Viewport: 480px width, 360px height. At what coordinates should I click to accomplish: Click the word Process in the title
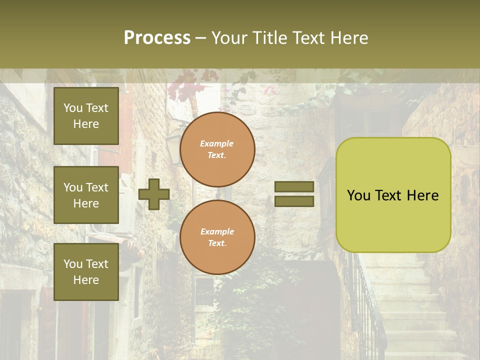(157, 38)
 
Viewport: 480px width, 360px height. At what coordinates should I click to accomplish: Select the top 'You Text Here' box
(86, 116)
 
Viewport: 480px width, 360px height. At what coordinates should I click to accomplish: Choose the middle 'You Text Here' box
(86, 195)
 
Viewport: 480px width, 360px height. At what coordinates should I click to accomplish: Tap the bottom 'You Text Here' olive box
(86, 272)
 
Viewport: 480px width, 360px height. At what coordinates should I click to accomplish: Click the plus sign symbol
(154, 194)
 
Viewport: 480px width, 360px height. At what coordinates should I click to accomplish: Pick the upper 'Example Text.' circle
(217, 149)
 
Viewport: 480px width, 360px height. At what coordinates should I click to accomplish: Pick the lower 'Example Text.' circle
(217, 237)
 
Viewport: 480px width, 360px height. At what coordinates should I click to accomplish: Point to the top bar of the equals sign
(294, 187)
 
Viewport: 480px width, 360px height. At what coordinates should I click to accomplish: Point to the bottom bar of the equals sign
(294, 201)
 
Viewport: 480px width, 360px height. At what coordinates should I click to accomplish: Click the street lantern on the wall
(173, 145)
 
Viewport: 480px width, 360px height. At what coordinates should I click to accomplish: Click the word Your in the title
(231, 38)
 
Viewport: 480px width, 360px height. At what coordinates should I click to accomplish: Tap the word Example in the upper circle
(217, 144)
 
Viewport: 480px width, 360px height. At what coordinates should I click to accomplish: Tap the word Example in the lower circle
(217, 231)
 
